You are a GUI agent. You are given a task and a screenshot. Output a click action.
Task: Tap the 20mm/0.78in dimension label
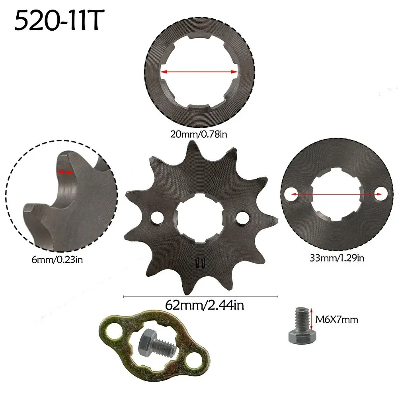[199, 135]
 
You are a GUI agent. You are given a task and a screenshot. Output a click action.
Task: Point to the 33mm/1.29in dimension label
[337, 258]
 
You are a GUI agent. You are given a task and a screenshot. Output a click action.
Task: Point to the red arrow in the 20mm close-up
[199, 72]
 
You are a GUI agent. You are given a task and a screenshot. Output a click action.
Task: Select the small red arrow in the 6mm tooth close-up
[65, 172]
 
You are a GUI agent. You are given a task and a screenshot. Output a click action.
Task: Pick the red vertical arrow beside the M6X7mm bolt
[311, 318]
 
